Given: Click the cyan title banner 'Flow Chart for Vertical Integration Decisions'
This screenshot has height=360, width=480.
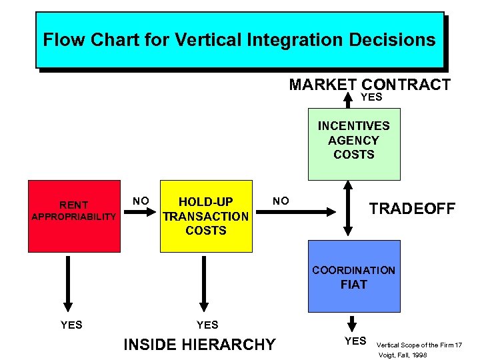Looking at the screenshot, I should (239, 39).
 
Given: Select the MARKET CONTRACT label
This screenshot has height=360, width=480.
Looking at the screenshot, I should (369, 85).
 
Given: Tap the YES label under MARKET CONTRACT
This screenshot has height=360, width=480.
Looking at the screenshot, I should (371, 97).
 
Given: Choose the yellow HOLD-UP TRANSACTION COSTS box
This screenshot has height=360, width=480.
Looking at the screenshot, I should (206, 215).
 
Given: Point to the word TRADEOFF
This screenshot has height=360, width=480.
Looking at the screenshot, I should (412, 209).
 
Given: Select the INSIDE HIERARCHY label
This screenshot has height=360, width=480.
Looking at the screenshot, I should (199, 344).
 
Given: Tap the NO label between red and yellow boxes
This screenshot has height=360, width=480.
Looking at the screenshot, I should (140, 200).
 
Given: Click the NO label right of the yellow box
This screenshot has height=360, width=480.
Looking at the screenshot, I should (281, 200).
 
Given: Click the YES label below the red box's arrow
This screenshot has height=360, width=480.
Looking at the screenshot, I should (71, 325).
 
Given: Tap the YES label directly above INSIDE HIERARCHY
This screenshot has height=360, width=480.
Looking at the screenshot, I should (207, 325).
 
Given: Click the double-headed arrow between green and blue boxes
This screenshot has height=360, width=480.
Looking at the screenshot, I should (347, 210).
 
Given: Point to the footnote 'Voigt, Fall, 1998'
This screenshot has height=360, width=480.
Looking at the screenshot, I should (403, 355).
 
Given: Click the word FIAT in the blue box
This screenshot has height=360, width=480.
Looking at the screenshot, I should (353, 285).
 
